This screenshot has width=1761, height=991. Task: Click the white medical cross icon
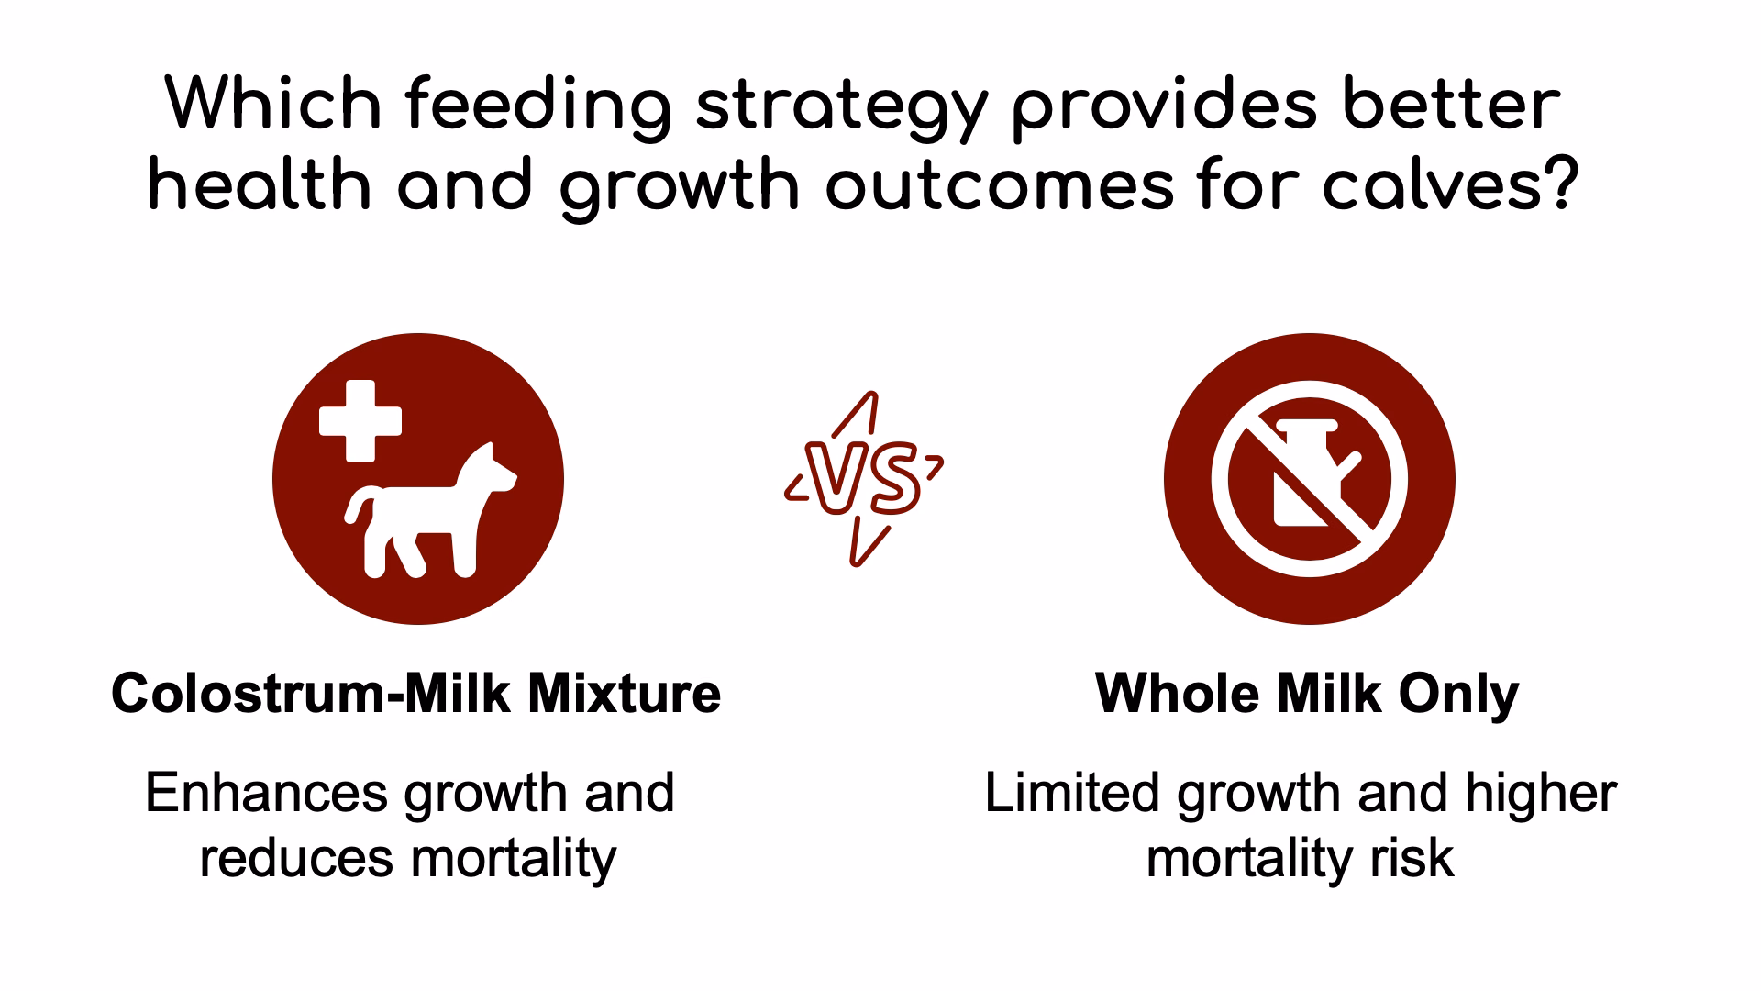[360, 420]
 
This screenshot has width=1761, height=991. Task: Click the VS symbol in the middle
[864, 479]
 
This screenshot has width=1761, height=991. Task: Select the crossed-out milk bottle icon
[1309, 478]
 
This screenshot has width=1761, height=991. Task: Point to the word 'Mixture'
[624, 693]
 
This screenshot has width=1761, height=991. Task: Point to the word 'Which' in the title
[273, 105]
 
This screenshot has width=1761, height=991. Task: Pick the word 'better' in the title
[1451, 105]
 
